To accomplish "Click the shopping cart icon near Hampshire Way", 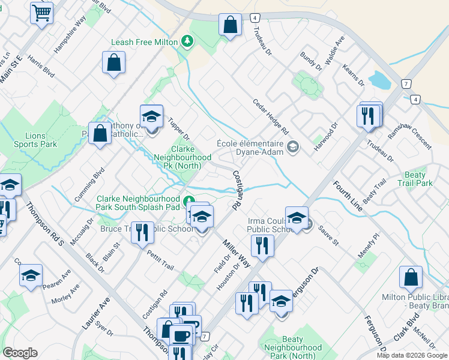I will pos(41,13).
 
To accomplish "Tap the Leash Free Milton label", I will pos(144,42).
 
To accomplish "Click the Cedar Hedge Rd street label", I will pos(271,116).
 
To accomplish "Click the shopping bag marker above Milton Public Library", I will pos(411,278).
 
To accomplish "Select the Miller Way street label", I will pos(236,251).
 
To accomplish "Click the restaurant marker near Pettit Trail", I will pos(142,232).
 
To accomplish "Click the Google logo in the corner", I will pos(20,352).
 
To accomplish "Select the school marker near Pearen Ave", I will pos(31,277).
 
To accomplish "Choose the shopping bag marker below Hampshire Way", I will pos(113,63).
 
